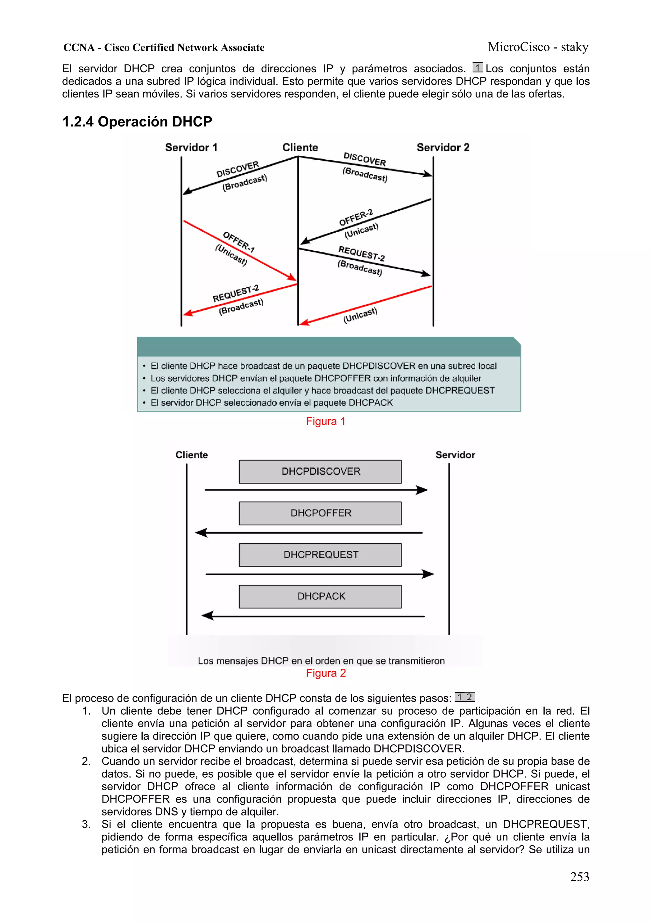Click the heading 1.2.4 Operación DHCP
137,121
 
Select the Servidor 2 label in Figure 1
443,148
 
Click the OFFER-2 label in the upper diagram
356,218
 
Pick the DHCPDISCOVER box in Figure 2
320,472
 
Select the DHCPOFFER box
320,513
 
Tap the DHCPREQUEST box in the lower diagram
320,555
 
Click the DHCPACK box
320,596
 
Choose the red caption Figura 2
325,673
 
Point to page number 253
579,877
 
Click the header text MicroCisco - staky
538,47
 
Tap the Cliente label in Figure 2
192,455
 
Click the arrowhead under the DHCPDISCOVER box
422,490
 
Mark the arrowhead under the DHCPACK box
207,616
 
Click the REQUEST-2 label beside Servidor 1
236,293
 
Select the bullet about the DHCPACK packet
272,403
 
